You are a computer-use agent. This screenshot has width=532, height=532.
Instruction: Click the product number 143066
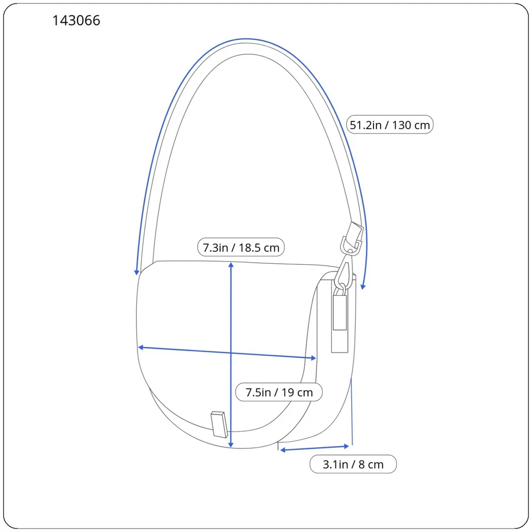pyautogui.click(x=76, y=21)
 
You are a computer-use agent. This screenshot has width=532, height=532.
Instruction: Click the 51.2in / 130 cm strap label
pyautogui.click(x=390, y=125)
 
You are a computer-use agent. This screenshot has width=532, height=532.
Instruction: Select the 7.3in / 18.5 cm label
pyautogui.click(x=241, y=247)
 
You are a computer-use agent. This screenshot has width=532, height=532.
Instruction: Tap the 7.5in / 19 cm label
pyautogui.click(x=279, y=392)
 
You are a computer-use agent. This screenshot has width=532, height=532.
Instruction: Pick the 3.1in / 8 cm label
pyautogui.click(x=353, y=464)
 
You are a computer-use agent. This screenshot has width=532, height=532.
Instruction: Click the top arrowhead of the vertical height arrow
pyautogui.click(x=231, y=265)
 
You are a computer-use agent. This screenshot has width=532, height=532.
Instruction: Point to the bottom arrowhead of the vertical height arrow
pyautogui.click(x=231, y=444)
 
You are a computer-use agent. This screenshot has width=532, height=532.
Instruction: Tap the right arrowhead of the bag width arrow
pyautogui.click(x=314, y=358)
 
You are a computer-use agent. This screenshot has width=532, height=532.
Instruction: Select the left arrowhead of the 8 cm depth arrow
pyautogui.click(x=283, y=450)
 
